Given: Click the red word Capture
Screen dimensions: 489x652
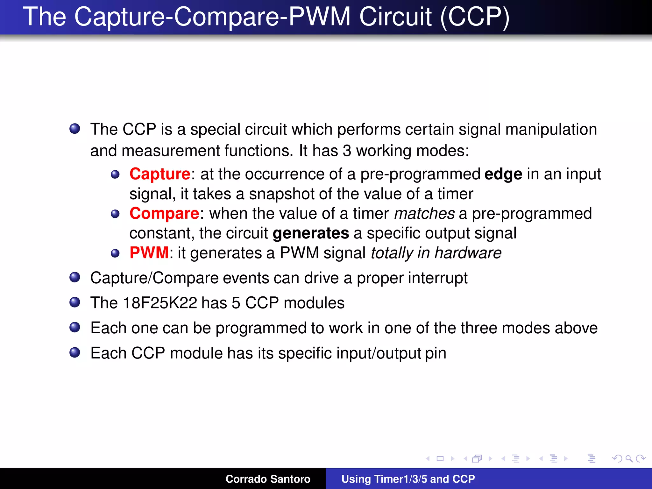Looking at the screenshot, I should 160,174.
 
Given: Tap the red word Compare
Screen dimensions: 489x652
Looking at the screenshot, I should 164,214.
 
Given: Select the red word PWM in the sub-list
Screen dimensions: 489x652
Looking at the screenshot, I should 149,253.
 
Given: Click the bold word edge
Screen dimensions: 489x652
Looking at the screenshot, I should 503,174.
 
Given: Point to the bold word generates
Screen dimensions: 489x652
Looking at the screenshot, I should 311,233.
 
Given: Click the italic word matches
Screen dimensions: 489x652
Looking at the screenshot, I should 424,214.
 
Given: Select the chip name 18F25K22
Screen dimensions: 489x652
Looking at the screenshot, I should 160,303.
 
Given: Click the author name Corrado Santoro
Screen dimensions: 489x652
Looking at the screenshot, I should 268,479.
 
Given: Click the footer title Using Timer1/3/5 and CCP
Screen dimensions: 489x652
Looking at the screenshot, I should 408,479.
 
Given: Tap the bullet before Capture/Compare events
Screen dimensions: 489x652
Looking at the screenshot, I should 75,277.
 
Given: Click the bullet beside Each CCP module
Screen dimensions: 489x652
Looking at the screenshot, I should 75,352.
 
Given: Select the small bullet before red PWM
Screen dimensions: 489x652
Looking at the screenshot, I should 115,253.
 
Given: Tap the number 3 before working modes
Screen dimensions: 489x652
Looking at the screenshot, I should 347,151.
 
